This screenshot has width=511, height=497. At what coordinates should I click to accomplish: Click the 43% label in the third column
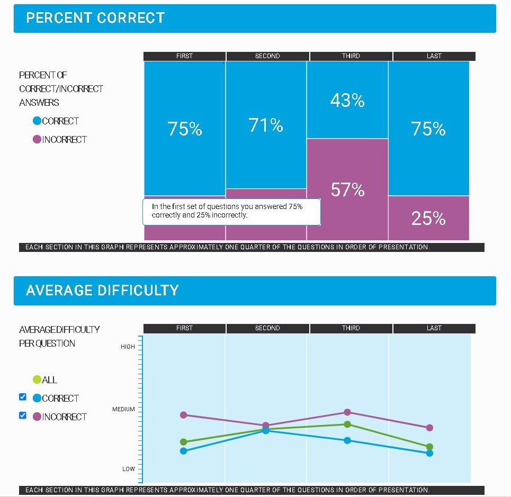coord(347,101)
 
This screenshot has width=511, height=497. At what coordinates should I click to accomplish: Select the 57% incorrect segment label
coord(347,189)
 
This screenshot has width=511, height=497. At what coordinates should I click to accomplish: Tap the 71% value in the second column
coord(266,125)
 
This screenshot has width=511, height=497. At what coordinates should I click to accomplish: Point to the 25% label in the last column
coord(428,218)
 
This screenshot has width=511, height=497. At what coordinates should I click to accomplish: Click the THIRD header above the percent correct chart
coord(351,56)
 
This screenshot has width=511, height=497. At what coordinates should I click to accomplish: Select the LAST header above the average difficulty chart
coord(434,328)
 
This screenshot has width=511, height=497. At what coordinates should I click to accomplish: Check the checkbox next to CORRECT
coord(23,397)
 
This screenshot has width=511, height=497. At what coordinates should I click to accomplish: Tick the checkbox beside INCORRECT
coord(23,415)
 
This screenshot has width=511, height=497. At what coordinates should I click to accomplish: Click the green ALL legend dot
coord(37,379)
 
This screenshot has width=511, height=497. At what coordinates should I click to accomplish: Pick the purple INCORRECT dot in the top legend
coord(37,140)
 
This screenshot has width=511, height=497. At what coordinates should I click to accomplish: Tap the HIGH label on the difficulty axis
coord(128,347)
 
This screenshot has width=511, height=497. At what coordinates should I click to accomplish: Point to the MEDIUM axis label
coord(123,409)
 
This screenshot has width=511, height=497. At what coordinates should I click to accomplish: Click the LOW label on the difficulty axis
coord(129,469)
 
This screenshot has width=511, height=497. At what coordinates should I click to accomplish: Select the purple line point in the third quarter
coord(347,412)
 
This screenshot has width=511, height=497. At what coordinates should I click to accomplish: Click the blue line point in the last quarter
coord(429,453)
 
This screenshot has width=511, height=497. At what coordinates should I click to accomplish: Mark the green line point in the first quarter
coord(184,442)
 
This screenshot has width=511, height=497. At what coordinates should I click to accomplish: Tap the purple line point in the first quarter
coord(184,415)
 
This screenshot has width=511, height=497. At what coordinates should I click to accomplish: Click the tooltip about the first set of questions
coord(231,211)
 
